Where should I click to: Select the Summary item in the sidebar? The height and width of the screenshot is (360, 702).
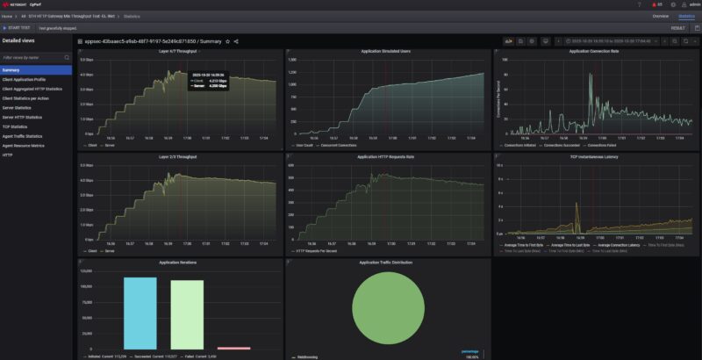click(x=11, y=69)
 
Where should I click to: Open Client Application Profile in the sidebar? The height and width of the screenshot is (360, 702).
click(x=24, y=79)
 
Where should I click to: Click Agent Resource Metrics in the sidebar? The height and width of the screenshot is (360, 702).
click(x=23, y=146)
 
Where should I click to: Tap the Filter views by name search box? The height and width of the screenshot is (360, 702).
click(x=35, y=57)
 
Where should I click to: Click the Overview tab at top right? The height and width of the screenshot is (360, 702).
click(x=661, y=16)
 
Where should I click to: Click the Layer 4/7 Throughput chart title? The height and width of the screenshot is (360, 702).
click(x=179, y=52)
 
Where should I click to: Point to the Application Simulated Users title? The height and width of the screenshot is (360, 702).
click(x=387, y=52)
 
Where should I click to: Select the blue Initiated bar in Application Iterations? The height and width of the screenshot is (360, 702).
click(x=140, y=313)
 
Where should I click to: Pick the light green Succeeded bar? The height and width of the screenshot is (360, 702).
click(x=186, y=314)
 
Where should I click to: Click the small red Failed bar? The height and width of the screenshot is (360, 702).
click(x=233, y=348)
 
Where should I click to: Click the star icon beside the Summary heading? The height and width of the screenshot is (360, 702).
click(x=228, y=41)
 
